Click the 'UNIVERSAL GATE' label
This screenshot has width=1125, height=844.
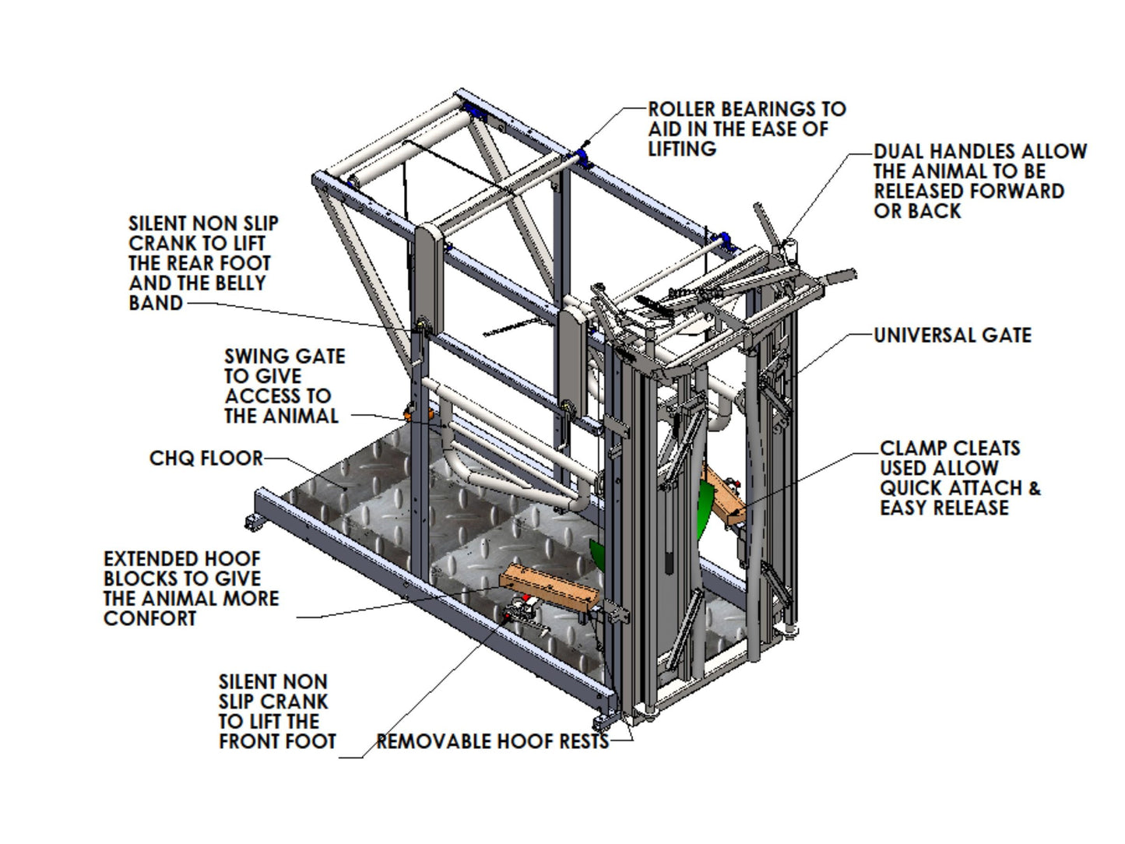click(952, 336)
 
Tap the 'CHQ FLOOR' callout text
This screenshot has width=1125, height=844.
click(206, 458)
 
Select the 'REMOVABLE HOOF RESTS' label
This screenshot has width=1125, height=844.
click(492, 741)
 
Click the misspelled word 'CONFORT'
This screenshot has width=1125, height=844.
click(150, 619)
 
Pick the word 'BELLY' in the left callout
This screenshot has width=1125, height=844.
click(236, 283)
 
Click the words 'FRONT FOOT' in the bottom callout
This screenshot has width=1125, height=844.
click(277, 741)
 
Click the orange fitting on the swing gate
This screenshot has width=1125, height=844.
click(410, 413)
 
